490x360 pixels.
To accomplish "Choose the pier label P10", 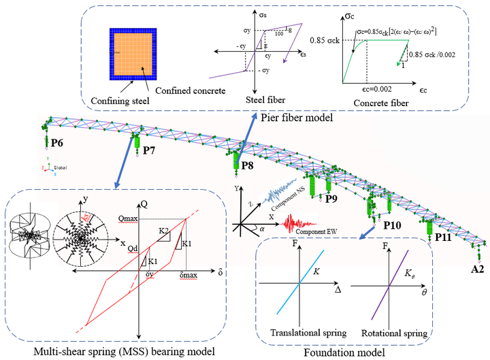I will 393,224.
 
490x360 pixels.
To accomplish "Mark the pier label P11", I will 443,238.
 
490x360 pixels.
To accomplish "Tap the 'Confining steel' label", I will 118,102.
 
